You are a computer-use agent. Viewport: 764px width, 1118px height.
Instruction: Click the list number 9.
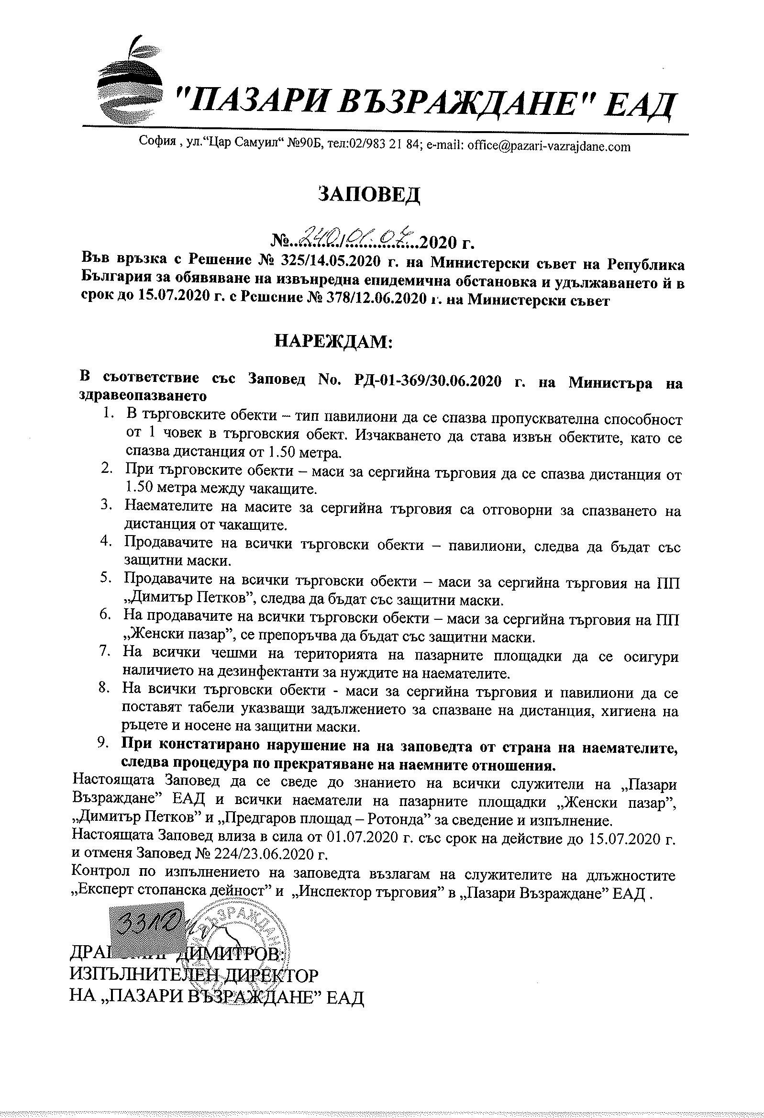click(102, 743)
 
